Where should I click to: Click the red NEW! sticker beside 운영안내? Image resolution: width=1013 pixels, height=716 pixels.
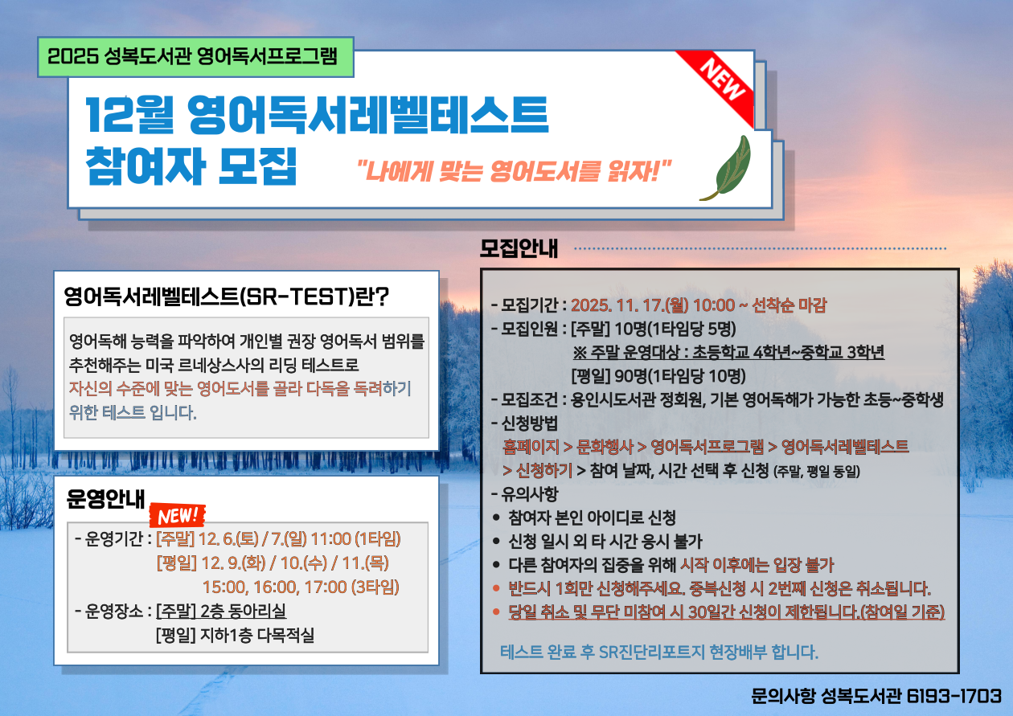point(177,515)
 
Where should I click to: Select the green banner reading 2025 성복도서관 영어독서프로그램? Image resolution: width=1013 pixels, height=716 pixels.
point(195,57)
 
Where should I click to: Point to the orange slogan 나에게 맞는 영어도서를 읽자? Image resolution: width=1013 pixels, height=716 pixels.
point(514,171)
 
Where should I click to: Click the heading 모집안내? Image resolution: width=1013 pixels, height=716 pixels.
point(519,248)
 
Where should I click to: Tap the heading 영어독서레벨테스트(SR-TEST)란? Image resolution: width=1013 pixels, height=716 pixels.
point(226,297)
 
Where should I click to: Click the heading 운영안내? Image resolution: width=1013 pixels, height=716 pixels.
point(105,499)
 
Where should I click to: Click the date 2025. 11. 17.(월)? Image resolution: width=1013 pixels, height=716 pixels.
point(630,305)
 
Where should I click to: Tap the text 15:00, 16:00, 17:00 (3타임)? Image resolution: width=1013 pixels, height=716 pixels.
point(301,587)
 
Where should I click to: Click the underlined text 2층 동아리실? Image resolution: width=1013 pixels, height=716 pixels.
point(244,611)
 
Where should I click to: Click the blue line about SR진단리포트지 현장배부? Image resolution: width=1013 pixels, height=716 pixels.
point(659,652)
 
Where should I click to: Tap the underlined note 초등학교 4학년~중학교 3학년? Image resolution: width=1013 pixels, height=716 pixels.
point(788,352)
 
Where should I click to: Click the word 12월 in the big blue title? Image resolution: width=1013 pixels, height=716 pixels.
point(129,115)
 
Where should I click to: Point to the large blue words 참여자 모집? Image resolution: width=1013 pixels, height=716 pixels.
point(191,166)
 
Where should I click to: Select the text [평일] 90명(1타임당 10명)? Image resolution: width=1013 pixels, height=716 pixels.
point(658,375)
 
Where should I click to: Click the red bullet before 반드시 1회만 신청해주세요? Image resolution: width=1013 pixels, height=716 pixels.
point(496,588)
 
